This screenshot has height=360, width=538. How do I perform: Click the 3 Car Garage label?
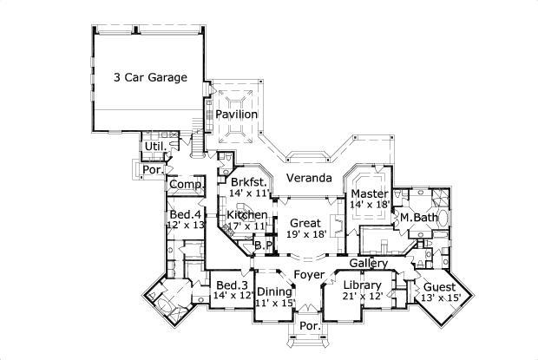coord(150,77)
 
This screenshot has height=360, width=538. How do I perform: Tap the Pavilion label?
coord(236,114)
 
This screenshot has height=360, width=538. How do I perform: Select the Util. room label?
coord(154,146)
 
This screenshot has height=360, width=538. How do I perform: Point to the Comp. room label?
coord(187,184)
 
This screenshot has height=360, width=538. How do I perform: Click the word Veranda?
coord(310,178)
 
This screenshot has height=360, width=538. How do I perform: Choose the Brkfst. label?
coord(249,182)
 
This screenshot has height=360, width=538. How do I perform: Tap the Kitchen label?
coord(246,214)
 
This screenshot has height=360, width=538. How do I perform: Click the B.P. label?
coord(264,246)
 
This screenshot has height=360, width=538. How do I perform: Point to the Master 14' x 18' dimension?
coord(369,205)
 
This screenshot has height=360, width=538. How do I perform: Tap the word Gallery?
coord(368,263)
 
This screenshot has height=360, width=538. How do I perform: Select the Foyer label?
coord(308,275)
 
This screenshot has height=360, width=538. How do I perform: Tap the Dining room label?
coord(274,291)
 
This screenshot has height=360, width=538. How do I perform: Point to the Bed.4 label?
coord(186,214)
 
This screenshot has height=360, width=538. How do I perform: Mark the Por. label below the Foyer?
coord(308,326)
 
